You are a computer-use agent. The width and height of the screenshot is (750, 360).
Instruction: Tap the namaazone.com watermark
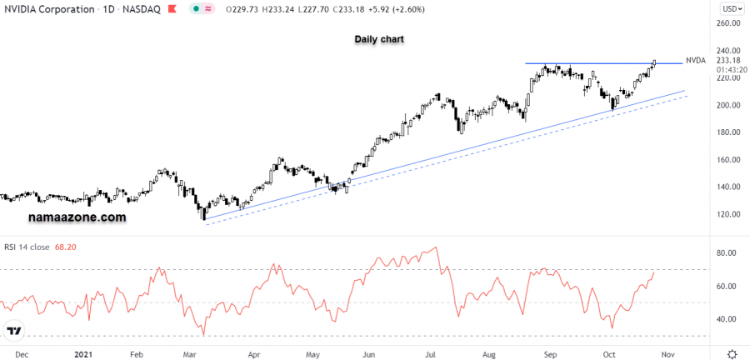(77, 217)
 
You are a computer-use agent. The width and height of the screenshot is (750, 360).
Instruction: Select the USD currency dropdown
(731, 8)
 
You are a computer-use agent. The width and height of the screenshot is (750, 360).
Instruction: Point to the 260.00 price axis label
(729, 23)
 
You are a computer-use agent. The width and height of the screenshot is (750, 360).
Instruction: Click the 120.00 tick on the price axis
(729, 214)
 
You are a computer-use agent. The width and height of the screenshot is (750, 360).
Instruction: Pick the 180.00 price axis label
(729, 132)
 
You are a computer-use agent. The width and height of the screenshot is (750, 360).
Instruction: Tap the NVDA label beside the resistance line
(695, 61)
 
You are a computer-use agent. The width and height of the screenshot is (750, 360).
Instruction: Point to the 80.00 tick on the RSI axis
(727, 253)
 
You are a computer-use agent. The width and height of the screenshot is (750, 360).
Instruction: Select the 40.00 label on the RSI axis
(727, 319)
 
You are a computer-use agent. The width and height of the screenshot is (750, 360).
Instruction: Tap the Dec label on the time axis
(22, 353)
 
